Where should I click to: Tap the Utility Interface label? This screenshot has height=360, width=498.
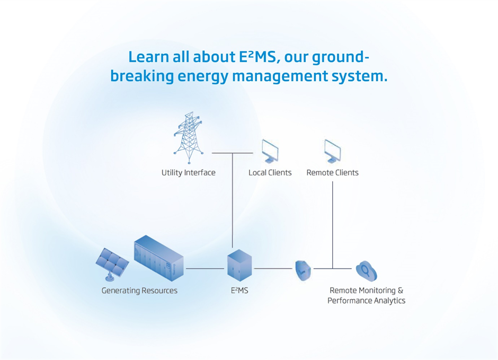click(189, 172)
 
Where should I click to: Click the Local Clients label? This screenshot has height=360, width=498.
click(270, 172)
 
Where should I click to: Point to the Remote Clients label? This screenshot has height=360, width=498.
click(332, 172)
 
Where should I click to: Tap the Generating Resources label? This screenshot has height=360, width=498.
click(139, 291)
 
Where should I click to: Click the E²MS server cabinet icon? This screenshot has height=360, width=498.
click(239, 266)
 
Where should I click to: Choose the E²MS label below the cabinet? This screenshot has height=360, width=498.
click(239, 291)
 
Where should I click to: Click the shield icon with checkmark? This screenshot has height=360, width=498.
click(303, 270)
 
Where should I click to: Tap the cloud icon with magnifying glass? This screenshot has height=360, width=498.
click(366, 270)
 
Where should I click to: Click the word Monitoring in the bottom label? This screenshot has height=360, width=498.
click(377, 291)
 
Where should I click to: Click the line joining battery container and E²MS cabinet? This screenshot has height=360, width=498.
click(204, 268)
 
